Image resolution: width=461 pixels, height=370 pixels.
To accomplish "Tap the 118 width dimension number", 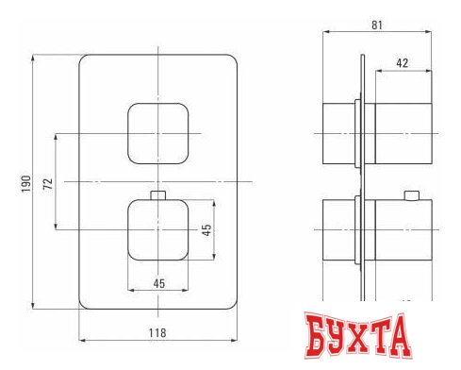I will coord(158,333).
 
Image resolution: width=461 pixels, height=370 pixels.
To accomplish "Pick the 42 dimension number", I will coord(402,64).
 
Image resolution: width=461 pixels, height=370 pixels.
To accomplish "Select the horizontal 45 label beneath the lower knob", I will coord(160,282).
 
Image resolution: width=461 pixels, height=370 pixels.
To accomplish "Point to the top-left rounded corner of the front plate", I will coord(85,62).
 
